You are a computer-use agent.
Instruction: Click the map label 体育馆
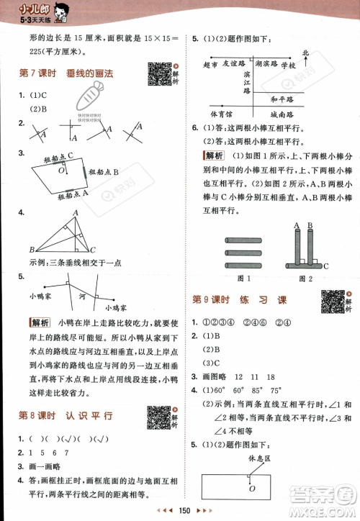(221, 114)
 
